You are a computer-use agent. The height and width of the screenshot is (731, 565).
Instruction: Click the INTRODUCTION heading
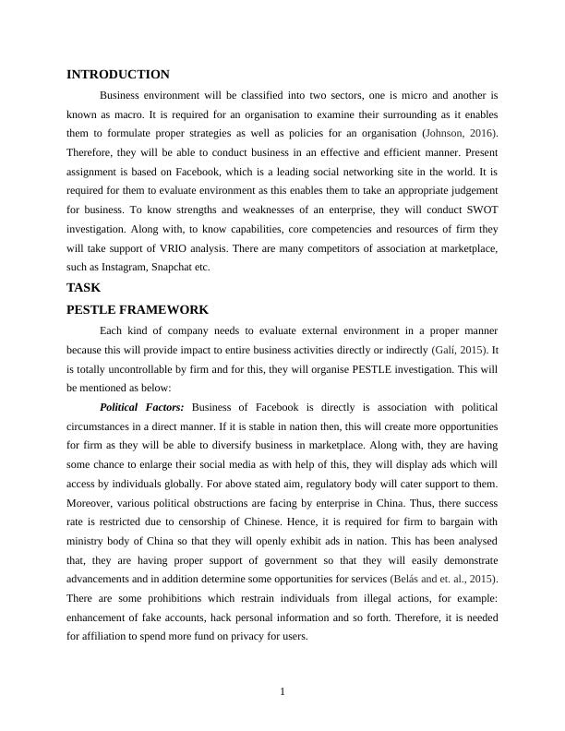118,75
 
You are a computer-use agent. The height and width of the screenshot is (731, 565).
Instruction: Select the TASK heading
84,288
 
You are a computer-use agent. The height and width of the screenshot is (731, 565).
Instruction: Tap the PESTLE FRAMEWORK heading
138,310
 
